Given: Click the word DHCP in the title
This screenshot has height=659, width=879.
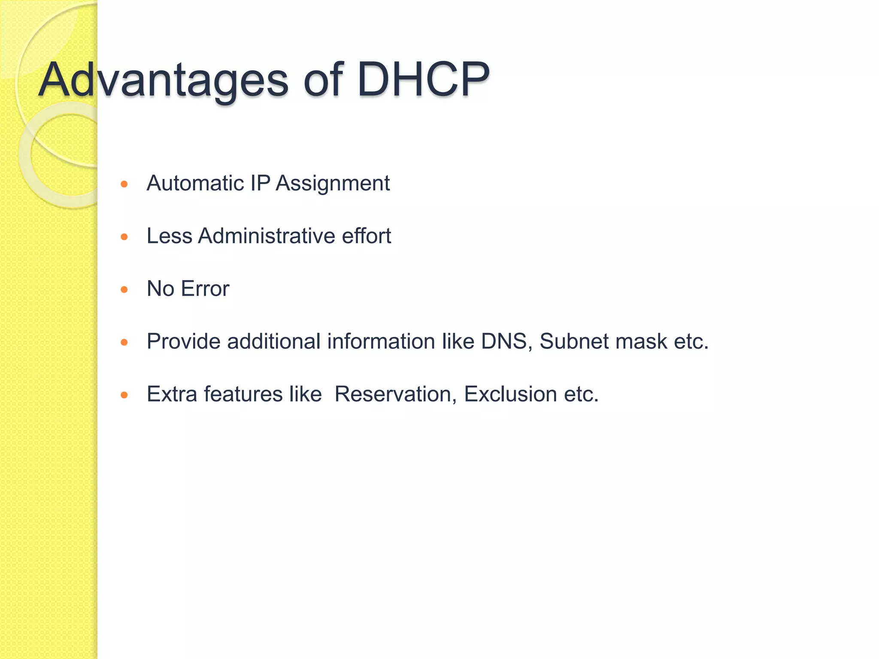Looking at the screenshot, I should tap(423, 80).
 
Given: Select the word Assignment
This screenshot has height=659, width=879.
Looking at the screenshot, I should tap(333, 184).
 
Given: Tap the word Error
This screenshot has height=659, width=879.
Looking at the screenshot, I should tap(205, 289).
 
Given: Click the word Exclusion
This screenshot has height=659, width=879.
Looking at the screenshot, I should tap(510, 394).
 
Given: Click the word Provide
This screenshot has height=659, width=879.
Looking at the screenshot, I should tap(183, 342).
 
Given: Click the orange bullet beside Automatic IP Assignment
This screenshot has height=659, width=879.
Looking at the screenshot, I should tap(124, 184).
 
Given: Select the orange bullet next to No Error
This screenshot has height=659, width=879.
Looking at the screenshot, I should tap(124, 290).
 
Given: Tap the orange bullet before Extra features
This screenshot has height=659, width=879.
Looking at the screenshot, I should tap(124, 395).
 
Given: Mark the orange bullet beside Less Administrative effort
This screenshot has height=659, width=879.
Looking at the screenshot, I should tap(124, 237).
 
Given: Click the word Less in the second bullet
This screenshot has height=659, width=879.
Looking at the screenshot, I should tap(169, 236).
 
